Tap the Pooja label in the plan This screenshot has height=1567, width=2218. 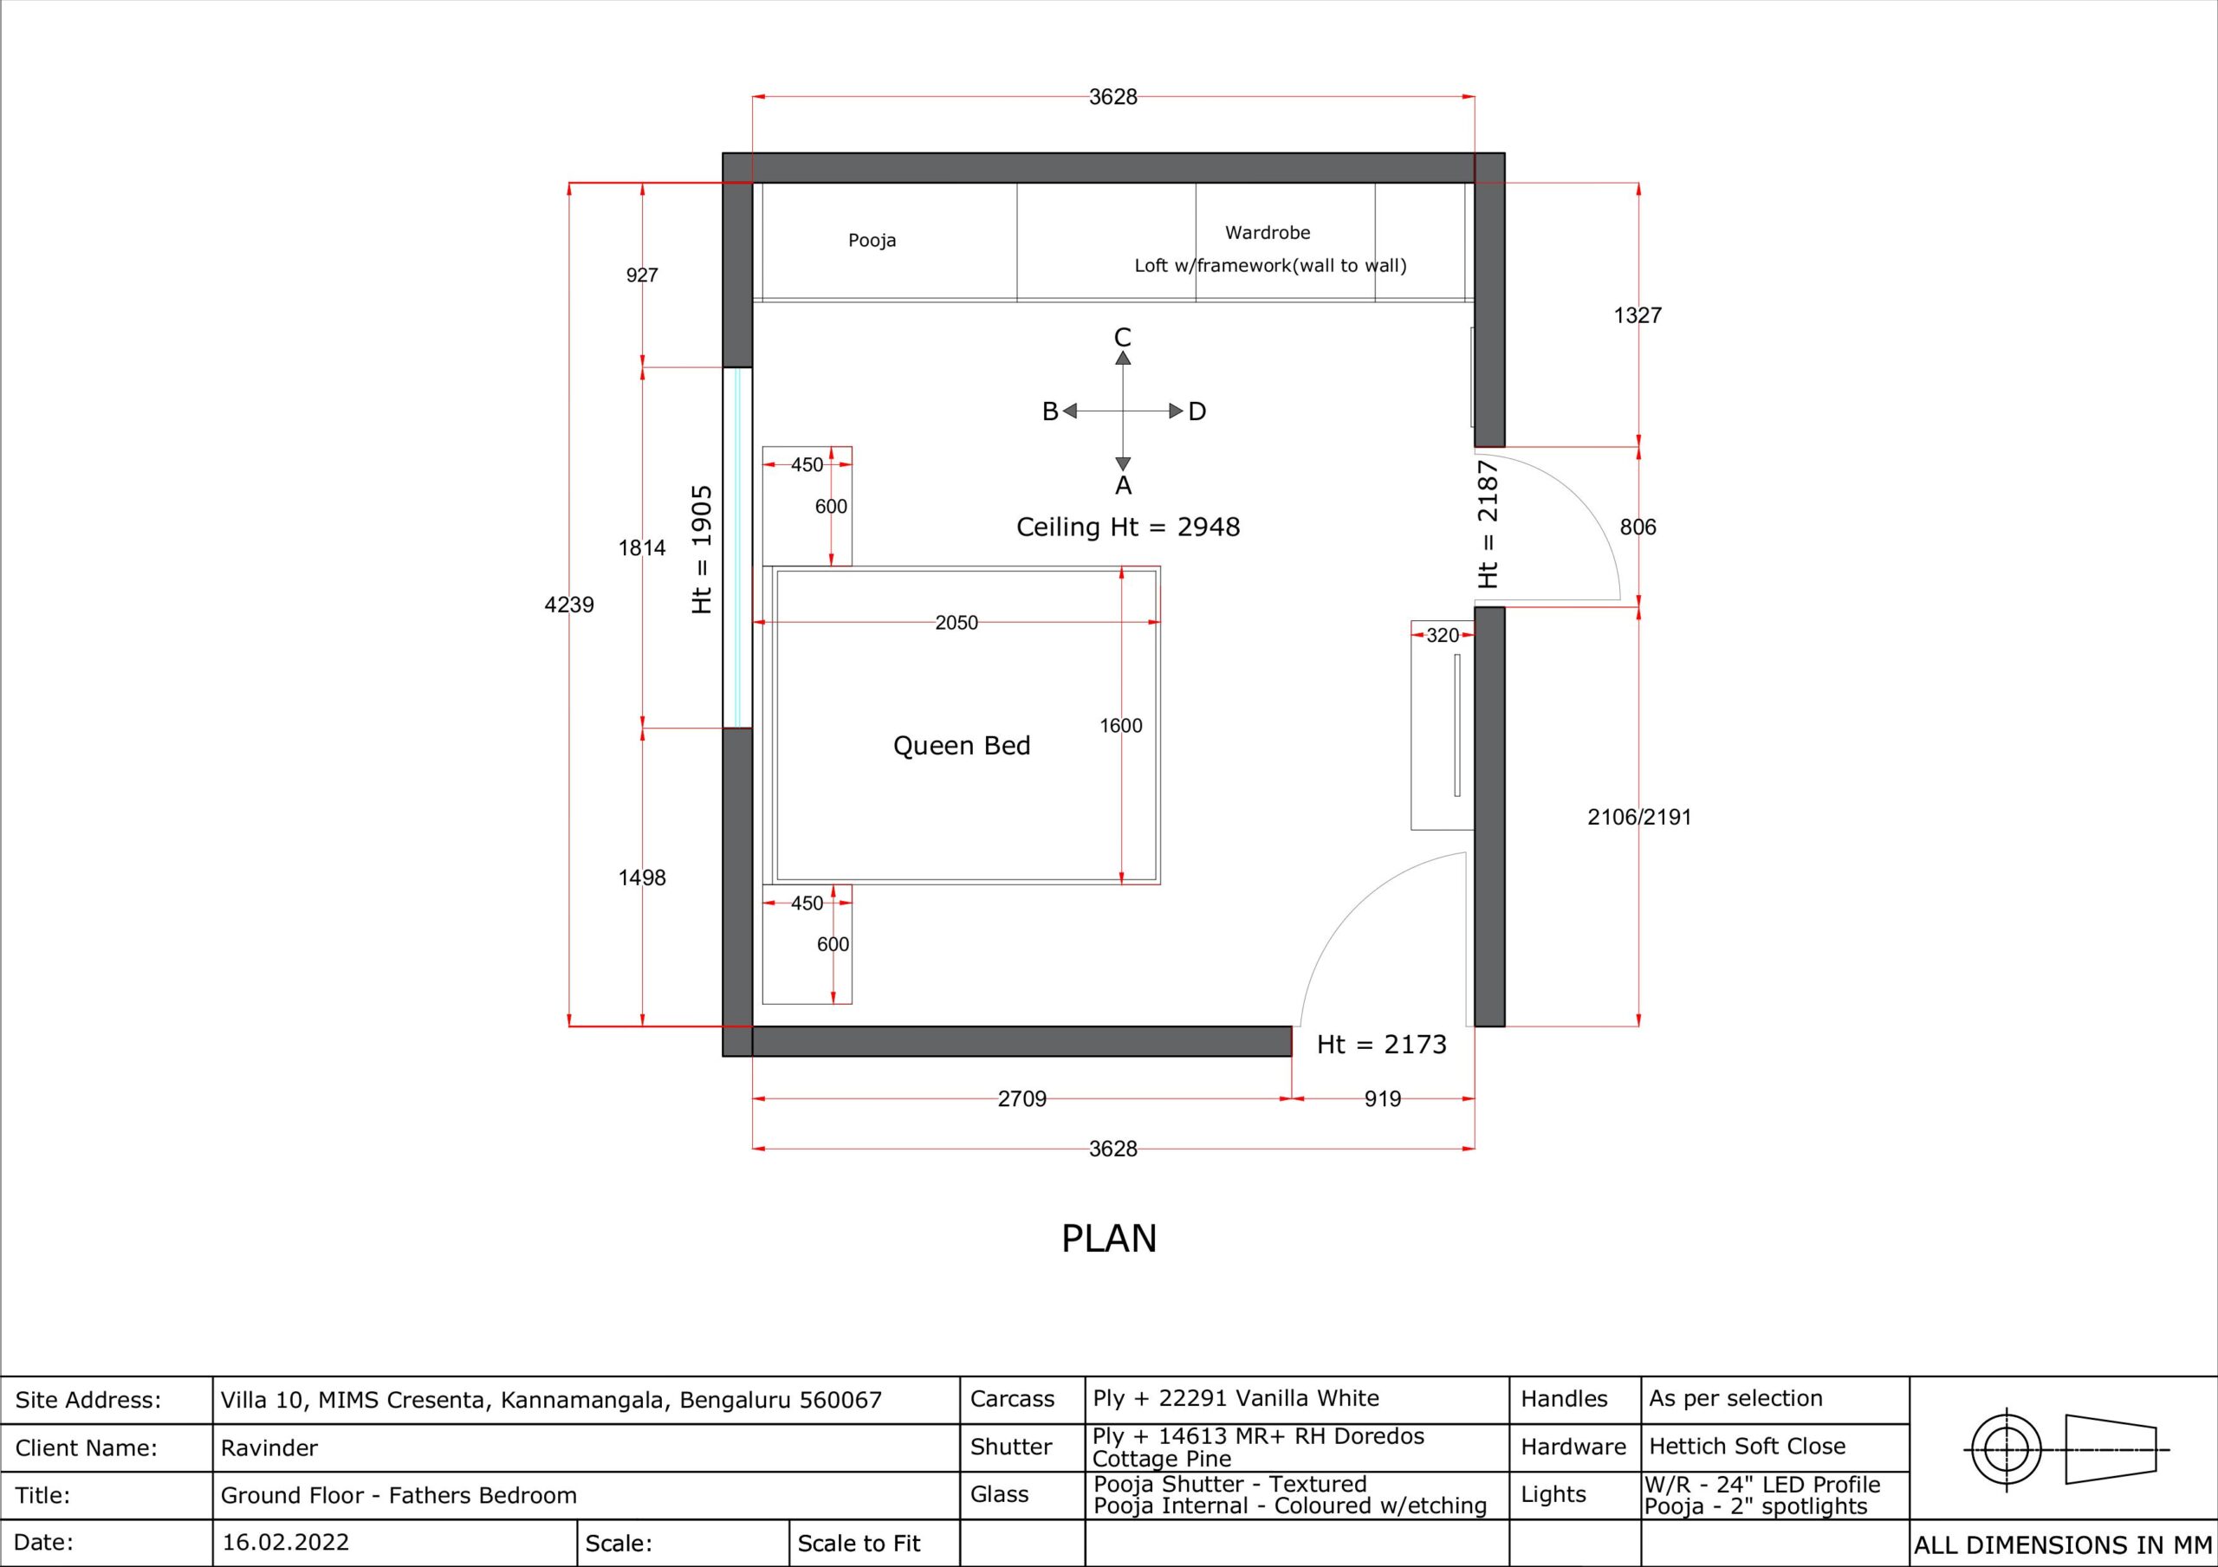(872, 241)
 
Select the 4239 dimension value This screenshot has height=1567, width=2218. (569, 605)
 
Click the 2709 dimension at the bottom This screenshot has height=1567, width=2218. (1022, 1098)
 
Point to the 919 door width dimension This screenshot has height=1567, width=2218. (1383, 1098)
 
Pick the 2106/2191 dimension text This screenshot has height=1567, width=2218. (1639, 818)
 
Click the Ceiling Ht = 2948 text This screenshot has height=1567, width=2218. (1127, 527)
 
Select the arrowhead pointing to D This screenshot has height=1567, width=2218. (1176, 411)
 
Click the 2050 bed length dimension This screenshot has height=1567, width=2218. (957, 623)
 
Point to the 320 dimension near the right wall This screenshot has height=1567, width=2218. (1443, 636)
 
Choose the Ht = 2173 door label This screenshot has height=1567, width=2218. (1381, 1045)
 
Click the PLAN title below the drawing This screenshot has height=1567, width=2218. (1109, 1239)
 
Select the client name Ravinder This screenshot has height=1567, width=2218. (269, 1448)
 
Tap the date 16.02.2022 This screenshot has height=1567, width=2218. (285, 1542)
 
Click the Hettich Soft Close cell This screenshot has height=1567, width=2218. (1747, 1447)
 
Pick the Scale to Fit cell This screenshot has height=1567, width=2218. (859, 1544)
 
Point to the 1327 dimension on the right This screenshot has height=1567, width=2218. (1638, 315)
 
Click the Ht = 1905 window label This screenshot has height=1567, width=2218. (703, 550)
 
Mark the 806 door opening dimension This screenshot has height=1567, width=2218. (1638, 528)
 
